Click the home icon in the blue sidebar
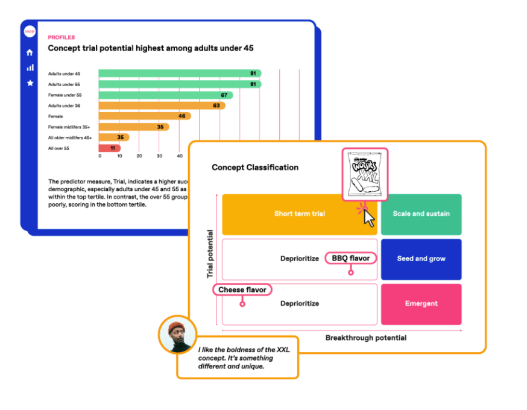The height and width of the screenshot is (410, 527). point(30,52)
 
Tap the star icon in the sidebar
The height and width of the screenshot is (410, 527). point(30,83)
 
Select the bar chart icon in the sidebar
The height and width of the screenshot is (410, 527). point(30,68)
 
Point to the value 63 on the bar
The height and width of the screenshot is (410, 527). point(216,106)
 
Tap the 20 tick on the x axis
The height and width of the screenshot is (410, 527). point(139,156)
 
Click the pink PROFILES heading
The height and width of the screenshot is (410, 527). point(61,37)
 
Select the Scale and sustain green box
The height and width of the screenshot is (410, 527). point(421,214)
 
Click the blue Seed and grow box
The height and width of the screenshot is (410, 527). point(421,259)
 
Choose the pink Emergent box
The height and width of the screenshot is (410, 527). point(421,304)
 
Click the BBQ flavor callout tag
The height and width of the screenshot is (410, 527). point(350,258)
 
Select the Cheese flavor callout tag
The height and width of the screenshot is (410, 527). point(242,290)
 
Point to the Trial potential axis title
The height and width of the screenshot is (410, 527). point(210,253)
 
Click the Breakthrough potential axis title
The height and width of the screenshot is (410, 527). point(365,338)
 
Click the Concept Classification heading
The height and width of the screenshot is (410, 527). point(254,168)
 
